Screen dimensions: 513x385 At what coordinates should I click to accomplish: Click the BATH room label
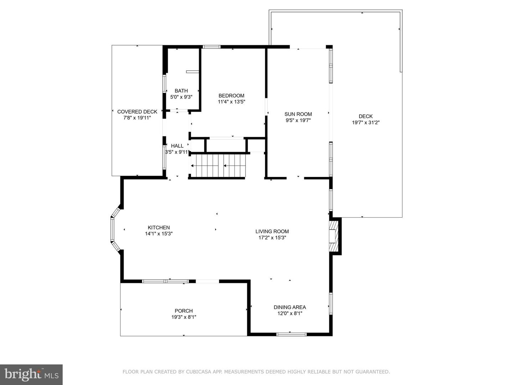coord(181,91)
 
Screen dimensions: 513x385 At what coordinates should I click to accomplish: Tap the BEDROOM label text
coord(231,95)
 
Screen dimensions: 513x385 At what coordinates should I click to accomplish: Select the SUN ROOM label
coord(298,114)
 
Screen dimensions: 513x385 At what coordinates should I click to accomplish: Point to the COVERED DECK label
coord(137,112)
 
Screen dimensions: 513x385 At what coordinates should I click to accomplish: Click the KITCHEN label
coord(159,227)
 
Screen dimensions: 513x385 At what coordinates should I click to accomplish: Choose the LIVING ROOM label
coord(272,231)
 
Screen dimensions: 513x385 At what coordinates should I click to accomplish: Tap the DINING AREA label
coord(290,307)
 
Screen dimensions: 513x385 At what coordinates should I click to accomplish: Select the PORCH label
coord(184,311)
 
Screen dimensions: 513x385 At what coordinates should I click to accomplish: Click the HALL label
coord(177,146)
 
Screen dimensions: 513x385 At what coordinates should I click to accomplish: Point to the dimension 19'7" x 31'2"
coord(366,123)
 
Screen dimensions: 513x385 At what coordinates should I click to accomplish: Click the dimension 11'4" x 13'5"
coord(231,102)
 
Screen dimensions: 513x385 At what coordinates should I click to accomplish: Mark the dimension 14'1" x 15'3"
coord(159,234)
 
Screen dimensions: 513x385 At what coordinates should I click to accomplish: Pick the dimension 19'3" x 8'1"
coord(184,317)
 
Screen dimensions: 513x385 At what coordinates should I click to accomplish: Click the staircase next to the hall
coord(218,166)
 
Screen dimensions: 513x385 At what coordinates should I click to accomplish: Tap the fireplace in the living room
coord(333,236)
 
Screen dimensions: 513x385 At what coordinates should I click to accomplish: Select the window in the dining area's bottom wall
coord(291,334)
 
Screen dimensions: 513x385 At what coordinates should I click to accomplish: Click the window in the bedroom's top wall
coord(212,47)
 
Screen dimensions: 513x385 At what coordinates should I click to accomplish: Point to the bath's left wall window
coord(164,84)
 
